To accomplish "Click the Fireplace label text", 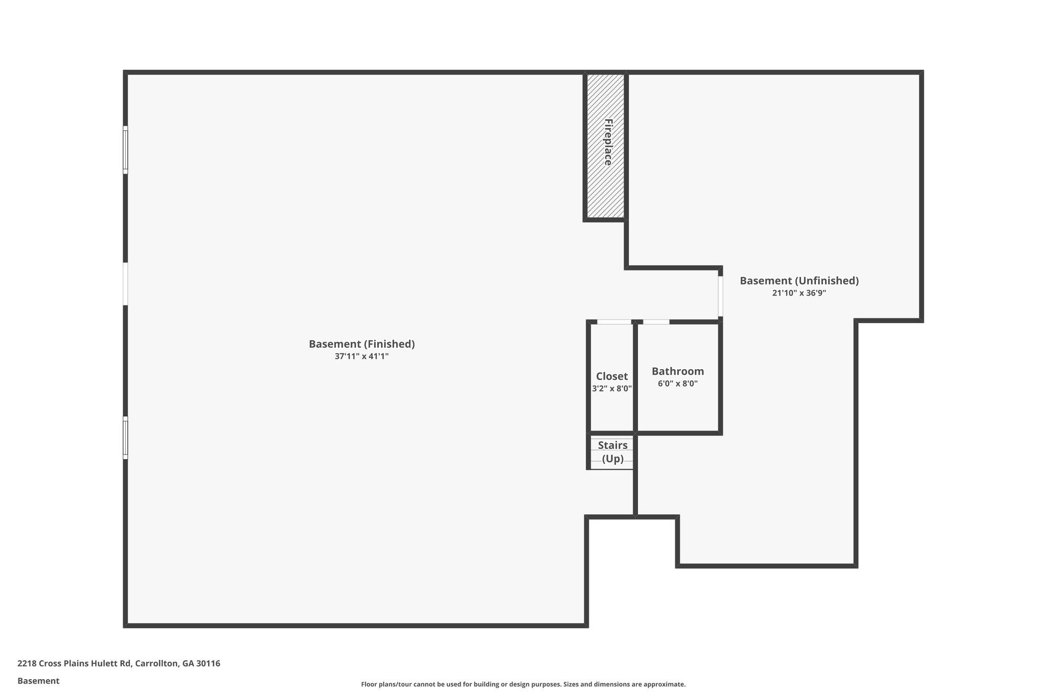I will [x=608, y=142].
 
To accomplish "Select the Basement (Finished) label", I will [x=361, y=344].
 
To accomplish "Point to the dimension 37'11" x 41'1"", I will [x=361, y=356].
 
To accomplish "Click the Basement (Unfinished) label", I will [x=799, y=281].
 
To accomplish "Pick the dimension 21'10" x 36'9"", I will [x=799, y=293].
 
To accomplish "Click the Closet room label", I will [x=612, y=376].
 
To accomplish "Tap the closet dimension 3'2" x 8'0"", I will [x=612, y=389].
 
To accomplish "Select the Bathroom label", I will [x=677, y=371].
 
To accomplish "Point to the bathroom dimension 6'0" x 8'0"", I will [x=677, y=384].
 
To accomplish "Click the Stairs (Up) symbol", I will [x=612, y=452].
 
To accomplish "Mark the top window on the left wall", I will [x=125, y=149].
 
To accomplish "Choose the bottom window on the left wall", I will [x=125, y=437].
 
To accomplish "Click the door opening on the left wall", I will [x=125, y=284].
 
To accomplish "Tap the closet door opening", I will [x=614, y=322].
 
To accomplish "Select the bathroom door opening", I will [x=656, y=322].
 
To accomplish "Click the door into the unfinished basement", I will [x=720, y=296].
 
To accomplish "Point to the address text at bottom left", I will [x=119, y=663].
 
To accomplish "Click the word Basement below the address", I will [x=38, y=681].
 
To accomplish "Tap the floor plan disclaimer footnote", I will [x=523, y=684].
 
